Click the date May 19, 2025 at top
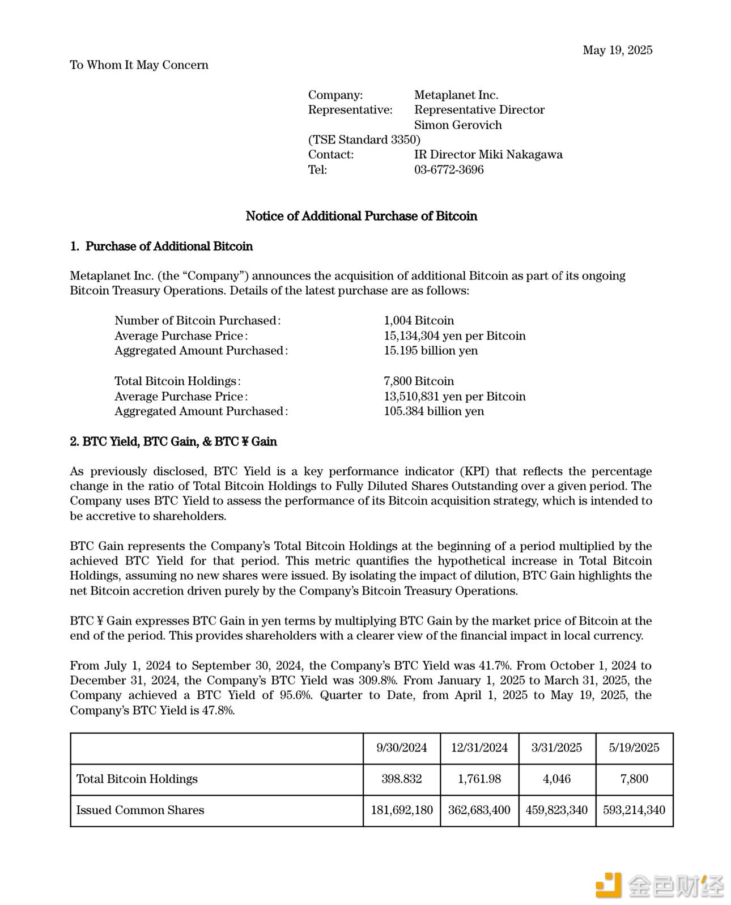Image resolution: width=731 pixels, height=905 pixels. click(x=617, y=50)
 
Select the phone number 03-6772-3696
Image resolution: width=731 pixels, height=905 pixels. click(x=449, y=169)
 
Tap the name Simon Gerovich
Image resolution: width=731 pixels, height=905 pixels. click(x=458, y=125)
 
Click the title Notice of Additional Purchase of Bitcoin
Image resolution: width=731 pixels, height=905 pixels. click(x=361, y=216)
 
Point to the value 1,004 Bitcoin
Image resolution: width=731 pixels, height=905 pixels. click(x=419, y=321)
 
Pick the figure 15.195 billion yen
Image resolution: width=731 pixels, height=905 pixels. click(x=431, y=351)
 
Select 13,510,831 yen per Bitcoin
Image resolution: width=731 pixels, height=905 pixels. click(x=454, y=396)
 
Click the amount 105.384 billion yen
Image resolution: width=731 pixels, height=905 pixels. click(x=433, y=411)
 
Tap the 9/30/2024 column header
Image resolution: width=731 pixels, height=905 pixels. click(x=401, y=747)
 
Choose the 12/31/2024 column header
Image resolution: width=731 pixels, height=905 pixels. click(x=479, y=747)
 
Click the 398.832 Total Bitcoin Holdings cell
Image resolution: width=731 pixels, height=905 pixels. click(x=401, y=779)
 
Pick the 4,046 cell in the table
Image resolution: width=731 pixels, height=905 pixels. click(x=556, y=779)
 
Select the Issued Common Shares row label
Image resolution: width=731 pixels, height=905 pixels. click(x=140, y=810)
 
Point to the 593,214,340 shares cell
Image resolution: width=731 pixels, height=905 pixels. click(x=634, y=810)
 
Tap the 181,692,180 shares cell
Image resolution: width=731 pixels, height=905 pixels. click(x=401, y=810)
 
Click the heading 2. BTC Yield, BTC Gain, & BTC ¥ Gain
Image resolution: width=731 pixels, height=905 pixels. click(x=173, y=441)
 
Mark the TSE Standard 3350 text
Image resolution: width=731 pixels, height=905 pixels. click(x=364, y=139)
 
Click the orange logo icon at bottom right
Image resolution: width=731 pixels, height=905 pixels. click(x=607, y=885)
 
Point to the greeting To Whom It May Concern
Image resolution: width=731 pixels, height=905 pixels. click(x=139, y=65)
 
